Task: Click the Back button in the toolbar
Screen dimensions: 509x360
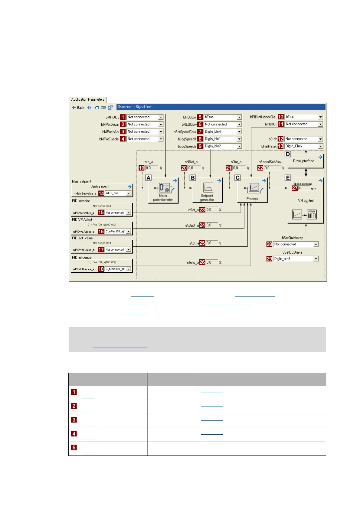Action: (78, 108)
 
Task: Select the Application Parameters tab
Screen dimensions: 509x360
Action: (88, 99)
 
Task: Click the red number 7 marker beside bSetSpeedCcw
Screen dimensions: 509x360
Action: (200, 132)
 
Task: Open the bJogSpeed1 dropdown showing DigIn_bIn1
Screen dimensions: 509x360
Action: (223, 139)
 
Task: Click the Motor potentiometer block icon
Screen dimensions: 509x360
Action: (164, 188)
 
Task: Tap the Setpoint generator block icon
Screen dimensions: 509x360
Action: (208, 188)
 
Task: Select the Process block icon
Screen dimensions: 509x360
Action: (254, 188)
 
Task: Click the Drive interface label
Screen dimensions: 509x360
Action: (303, 161)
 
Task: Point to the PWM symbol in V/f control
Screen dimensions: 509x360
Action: (312, 214)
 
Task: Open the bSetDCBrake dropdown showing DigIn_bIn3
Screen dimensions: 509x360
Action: (295, 259)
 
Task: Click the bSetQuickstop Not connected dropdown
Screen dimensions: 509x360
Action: (295, 244)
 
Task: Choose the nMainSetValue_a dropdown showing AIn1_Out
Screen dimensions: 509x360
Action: (118, 193)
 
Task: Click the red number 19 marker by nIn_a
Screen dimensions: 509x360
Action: (141, 168)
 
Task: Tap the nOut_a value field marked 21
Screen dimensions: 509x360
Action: (239, 168)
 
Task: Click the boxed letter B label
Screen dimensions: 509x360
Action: (193, 178)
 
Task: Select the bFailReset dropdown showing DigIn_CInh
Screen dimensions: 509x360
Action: (304, 146)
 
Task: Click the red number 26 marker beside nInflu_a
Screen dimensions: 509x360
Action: (202, 262)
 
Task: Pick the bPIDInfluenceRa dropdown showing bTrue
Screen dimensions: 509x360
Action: (304, 117)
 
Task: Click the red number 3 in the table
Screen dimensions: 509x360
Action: (74, 420)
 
